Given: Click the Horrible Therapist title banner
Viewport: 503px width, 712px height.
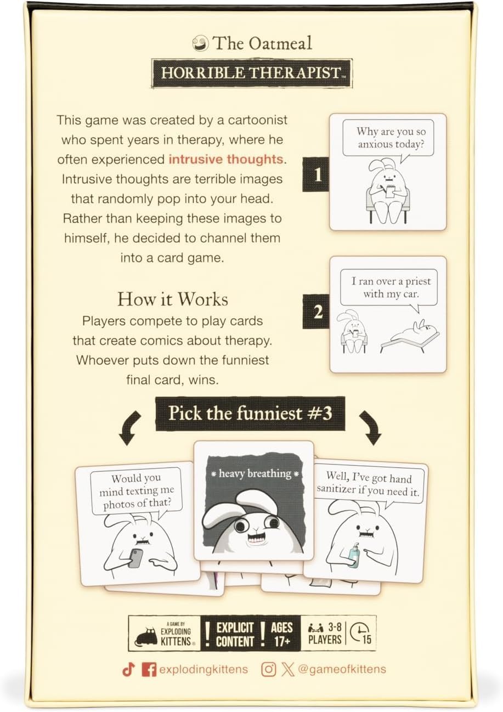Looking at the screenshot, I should tap(253, 74).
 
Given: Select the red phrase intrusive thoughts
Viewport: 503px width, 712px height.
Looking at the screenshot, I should tap(226, 160).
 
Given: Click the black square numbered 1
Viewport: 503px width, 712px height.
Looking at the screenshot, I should tap(317, 174).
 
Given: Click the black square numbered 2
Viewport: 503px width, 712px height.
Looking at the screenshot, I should tap(318, 313).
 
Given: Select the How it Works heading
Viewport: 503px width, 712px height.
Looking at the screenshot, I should tap(173, 299).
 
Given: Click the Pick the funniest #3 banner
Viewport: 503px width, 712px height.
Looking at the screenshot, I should tap(250, 414).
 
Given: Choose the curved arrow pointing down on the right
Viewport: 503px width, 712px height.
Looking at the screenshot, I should tap(371, 428).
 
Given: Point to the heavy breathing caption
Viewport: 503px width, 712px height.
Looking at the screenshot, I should tap(254, 473).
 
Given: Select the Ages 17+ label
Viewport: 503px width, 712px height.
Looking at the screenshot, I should tap(282, 634).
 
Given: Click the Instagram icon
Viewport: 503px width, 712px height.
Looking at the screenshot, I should tap(268, 669).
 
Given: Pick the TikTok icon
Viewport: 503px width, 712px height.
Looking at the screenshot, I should tap(128, 669).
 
